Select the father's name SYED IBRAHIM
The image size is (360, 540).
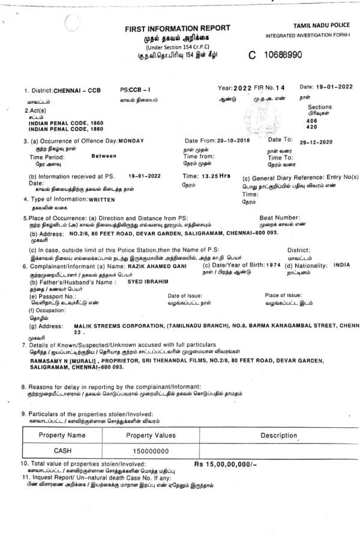135,281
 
